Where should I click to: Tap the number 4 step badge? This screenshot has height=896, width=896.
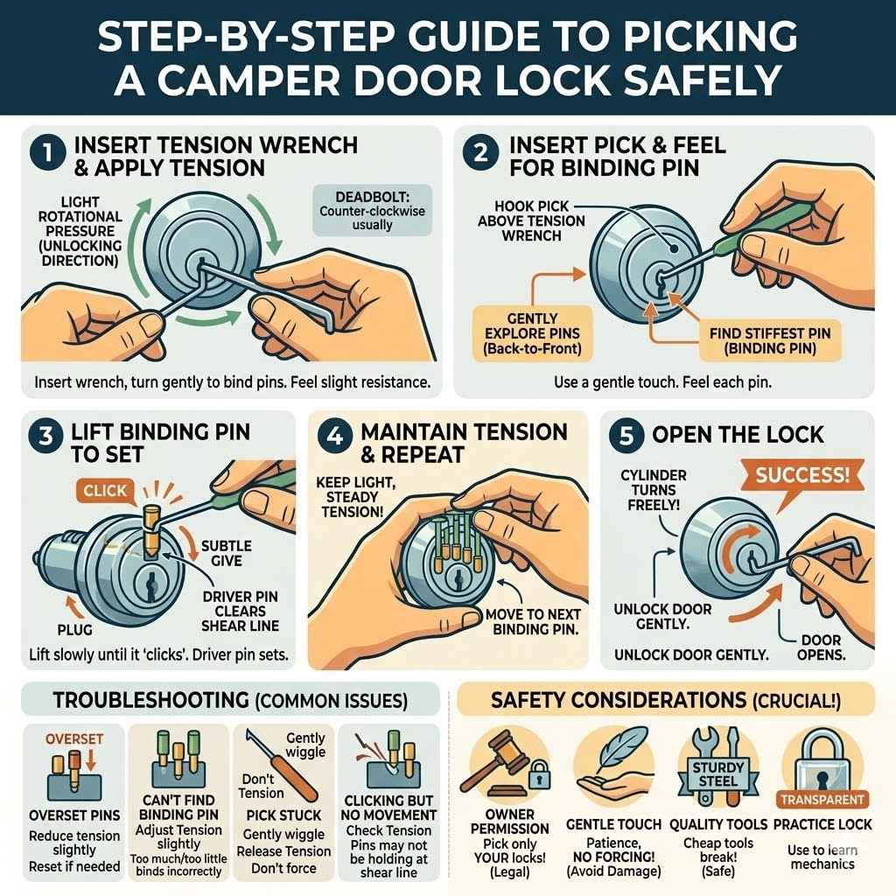click(336, 436)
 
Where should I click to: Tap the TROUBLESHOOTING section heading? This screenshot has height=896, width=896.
click(229, 701)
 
